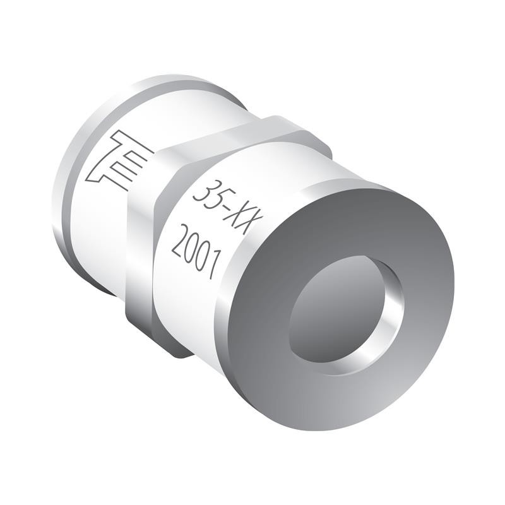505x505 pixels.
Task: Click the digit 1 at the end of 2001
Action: pyautogui.click(x=213, y=265)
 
